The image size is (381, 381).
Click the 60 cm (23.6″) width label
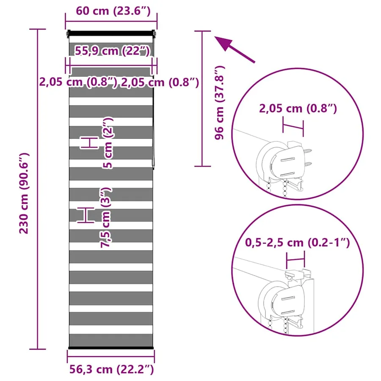tap(113, 11)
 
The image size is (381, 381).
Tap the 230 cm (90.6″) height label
tap(24, 193)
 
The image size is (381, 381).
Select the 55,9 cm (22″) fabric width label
tap(112, 51)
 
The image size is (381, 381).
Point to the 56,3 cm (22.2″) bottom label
tap(111, 369)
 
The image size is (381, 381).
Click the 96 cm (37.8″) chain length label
tap(220, 102)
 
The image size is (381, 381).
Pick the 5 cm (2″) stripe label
tap(108, 143)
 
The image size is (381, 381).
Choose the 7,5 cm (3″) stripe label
tap(106, 218)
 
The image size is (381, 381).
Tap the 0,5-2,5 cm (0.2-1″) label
tap(298, 243)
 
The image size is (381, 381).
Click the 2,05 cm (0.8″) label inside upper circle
tap(298, 108)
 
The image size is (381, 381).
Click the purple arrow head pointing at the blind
tap(223, 43)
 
